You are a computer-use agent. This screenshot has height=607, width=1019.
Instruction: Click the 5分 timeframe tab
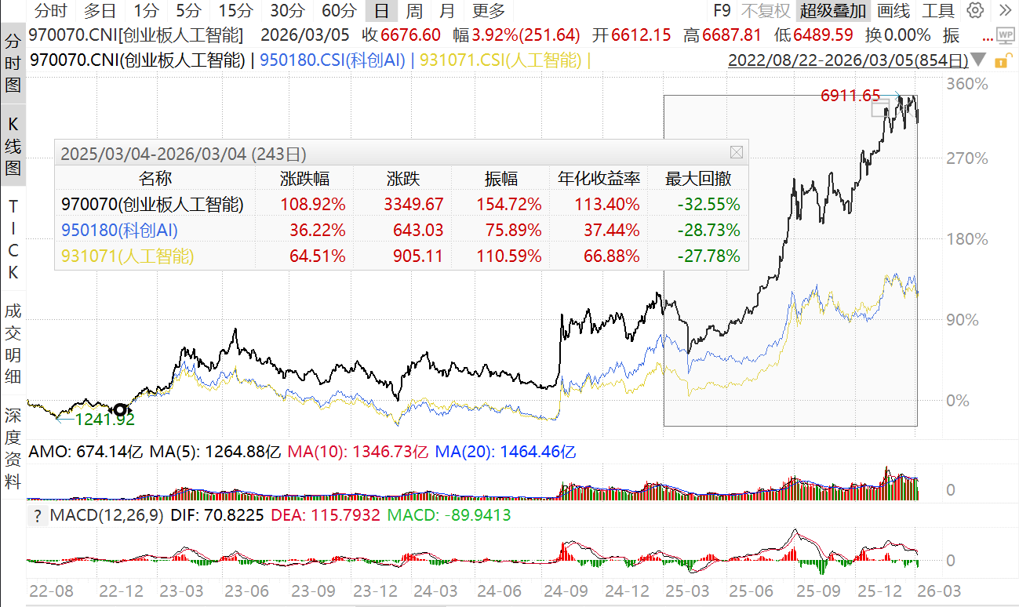pos(188,11)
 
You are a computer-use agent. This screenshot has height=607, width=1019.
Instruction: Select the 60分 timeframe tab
pos(339,11)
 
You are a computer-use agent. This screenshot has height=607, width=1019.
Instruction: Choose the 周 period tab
pos(414,11)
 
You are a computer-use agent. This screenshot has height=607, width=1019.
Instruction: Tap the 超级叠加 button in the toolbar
pos(833,11)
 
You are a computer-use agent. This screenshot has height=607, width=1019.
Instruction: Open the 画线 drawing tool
pos(893,11)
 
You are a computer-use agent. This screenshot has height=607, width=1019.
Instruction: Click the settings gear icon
pos(975,11)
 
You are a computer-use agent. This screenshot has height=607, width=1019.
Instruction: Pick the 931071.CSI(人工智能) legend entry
pos(501,60)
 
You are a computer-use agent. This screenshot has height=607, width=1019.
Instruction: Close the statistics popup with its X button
pos(736,152)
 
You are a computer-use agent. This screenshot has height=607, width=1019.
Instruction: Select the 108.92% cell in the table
pos(313,205)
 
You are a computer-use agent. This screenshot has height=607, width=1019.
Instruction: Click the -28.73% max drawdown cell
pos(709,231)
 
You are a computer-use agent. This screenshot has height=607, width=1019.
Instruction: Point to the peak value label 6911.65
pos(850,96)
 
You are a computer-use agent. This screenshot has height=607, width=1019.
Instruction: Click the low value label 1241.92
pos(105,419)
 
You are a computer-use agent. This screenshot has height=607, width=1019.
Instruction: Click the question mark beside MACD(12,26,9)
pos(37,516)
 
